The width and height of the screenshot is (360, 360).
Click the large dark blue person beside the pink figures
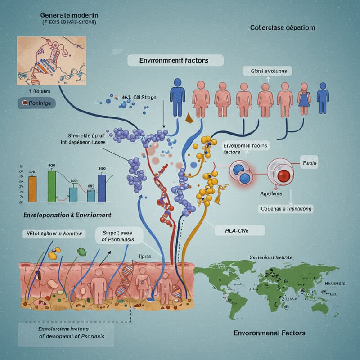177,95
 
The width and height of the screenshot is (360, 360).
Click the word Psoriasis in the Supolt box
118,239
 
